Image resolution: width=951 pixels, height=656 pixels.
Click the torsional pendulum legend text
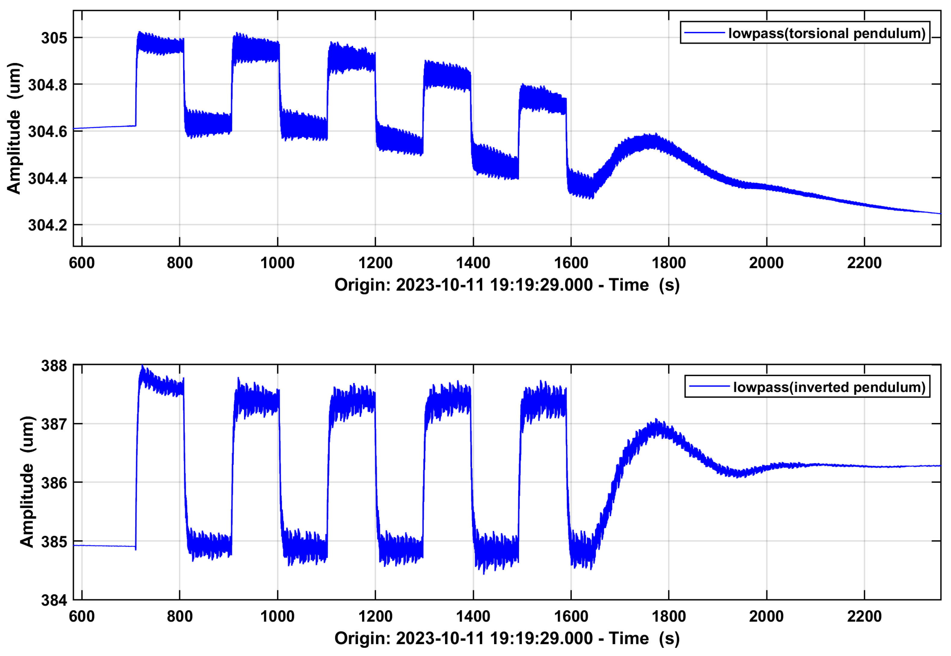click(827, 33)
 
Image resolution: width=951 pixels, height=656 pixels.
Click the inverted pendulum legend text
click(829, 387)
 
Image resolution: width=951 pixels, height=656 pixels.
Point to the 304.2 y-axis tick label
click(47, 225)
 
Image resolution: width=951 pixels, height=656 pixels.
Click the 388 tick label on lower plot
click(54, 366)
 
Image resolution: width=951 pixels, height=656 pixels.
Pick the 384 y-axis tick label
click(54, 601)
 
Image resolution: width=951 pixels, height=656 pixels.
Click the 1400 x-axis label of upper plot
click(473, 263)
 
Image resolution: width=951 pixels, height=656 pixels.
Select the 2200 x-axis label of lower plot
click(864, 617)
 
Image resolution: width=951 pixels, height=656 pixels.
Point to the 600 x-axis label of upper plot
click(82, 263)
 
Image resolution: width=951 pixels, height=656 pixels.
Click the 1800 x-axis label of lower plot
click(668, 617)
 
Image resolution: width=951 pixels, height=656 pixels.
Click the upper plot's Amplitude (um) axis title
click(14, 128)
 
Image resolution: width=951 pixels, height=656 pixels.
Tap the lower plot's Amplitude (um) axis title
click(27, 482)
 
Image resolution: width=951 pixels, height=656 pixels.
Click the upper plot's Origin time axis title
click(507, 285)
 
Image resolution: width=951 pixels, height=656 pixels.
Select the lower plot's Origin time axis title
click(507, 638)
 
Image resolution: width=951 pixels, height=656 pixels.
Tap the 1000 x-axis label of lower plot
click(277, 617)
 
